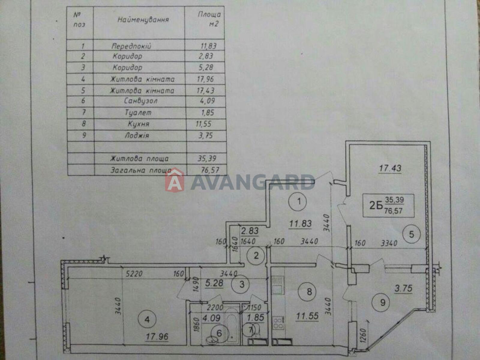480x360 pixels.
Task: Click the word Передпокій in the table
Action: [131, 46]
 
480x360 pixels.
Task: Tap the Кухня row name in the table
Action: [139, 124]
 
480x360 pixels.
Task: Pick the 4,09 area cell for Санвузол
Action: [206, 101]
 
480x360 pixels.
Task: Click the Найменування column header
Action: [143, 20]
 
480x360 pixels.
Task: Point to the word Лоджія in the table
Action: [137, 136]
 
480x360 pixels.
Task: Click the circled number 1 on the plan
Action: [299, 201]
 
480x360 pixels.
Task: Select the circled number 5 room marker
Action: [412, 234]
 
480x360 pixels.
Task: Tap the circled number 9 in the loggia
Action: [382, 303]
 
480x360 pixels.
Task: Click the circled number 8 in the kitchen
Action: [309, 292]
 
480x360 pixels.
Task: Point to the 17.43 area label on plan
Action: [390, 168]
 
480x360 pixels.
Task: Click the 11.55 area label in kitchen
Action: [307, 316]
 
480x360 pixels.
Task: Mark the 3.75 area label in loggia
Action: [403, 289]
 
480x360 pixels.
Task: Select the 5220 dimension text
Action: [134, 274]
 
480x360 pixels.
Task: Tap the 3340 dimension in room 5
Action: [389, 243]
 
